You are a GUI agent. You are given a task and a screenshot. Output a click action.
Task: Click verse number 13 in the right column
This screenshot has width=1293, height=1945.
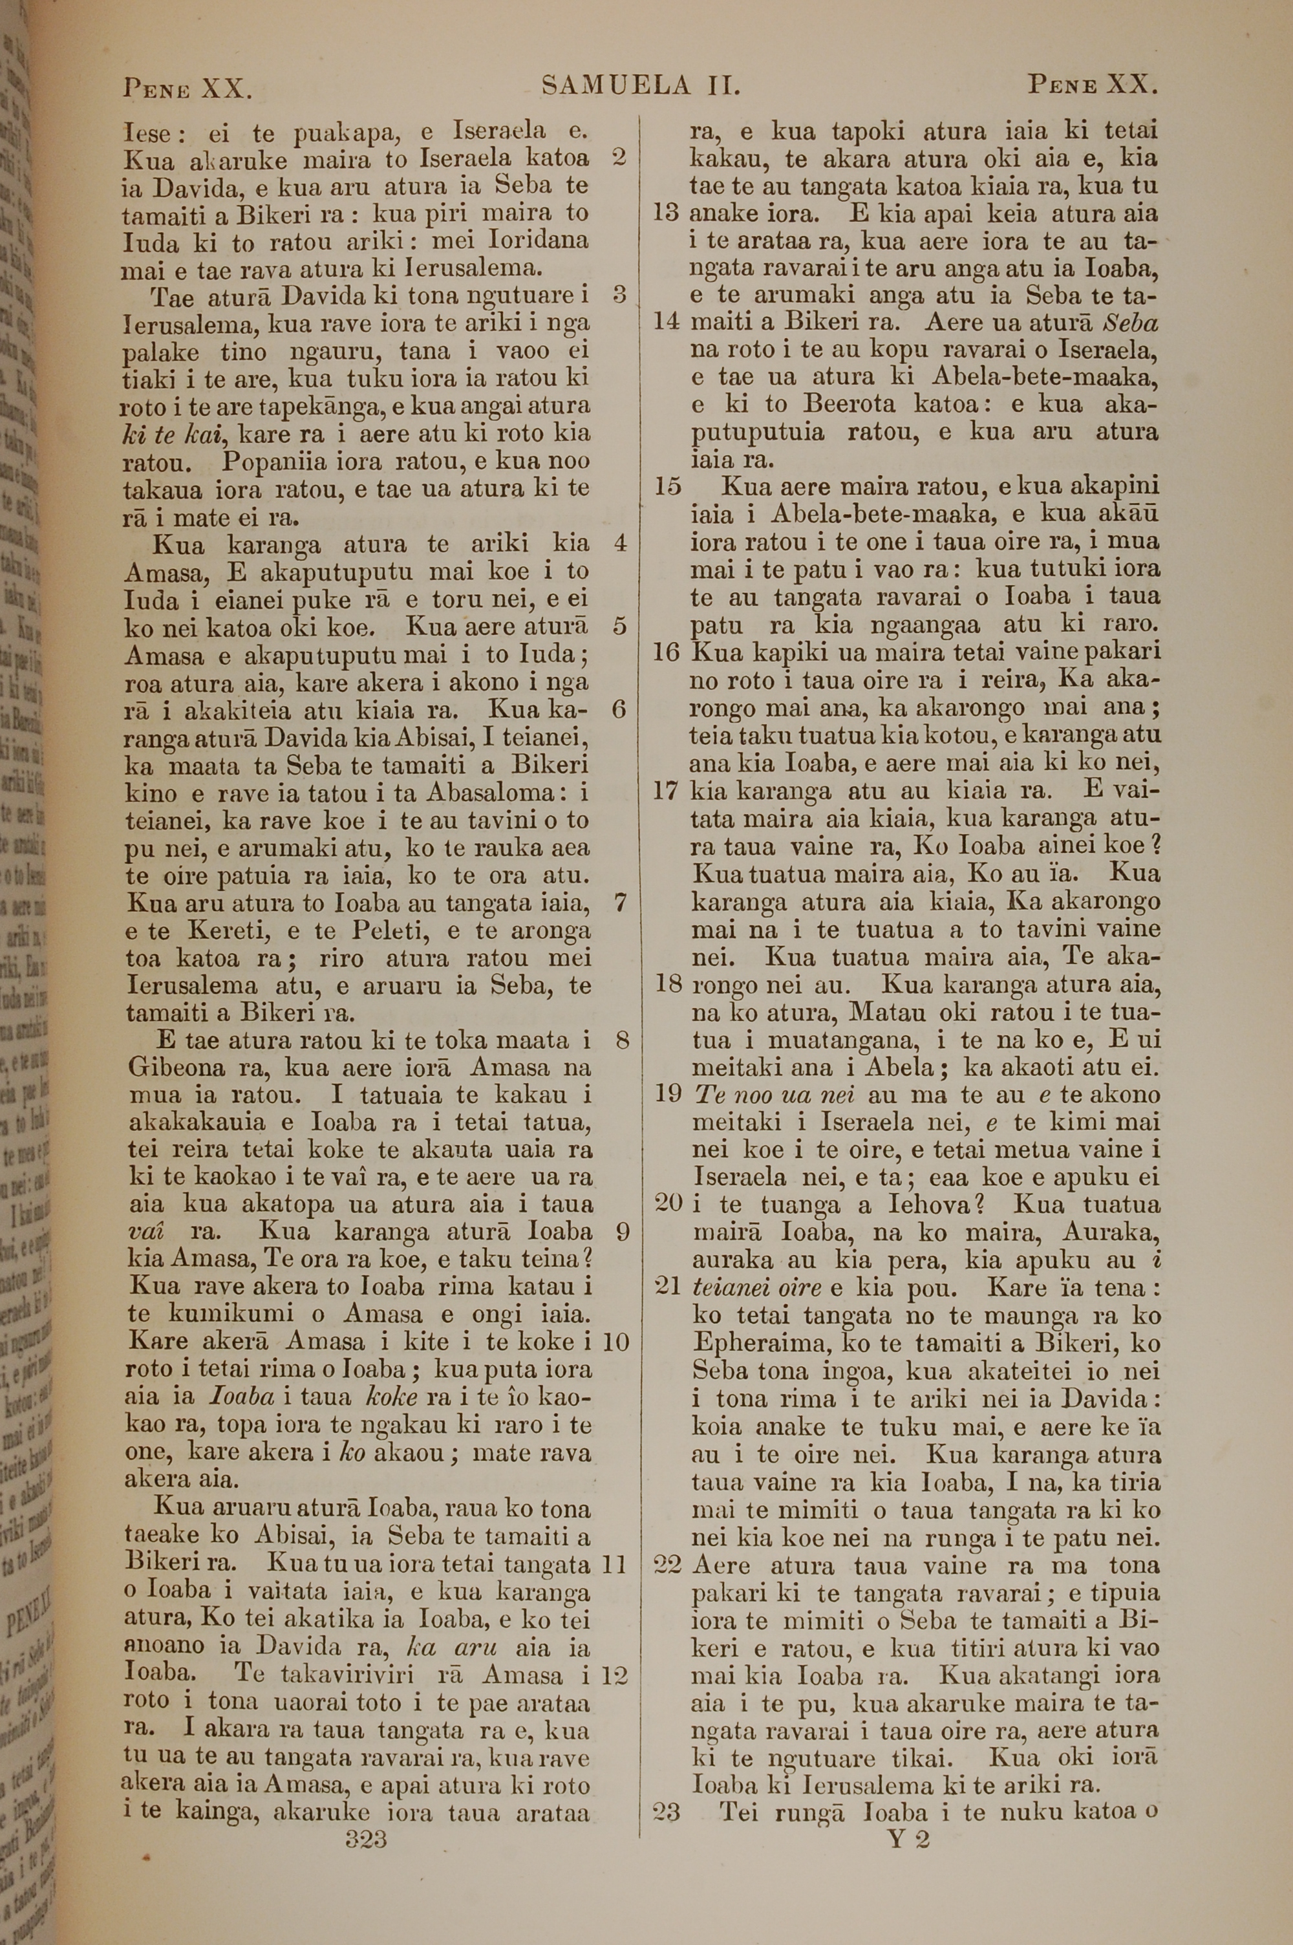click(x=665, y=213)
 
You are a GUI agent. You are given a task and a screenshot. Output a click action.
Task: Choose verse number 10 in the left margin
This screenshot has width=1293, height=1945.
click(x=615, y=1342)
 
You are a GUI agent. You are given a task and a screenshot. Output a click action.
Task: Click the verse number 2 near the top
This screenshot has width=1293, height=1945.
click(x=620, y=158)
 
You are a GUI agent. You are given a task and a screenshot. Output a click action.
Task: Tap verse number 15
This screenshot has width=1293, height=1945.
click(x=667, y=486)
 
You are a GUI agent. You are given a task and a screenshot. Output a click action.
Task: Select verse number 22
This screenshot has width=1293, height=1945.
click(x=667, y=1565)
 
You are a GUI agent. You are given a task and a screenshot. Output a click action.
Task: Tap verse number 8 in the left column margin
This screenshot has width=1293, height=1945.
click(x=622, y=1040)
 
